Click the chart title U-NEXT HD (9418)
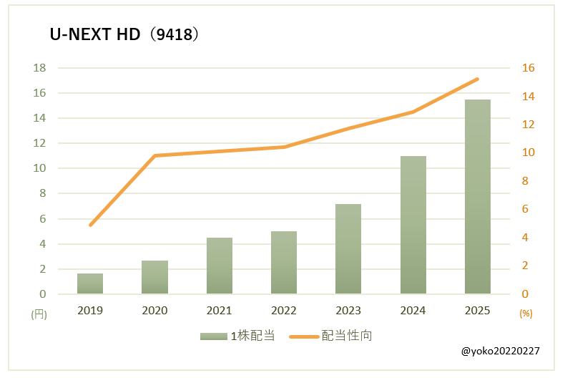point(123,34)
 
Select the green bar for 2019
point(90,283)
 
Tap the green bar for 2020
point(154,277)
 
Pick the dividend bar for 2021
point(220,266)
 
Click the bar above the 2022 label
point(284,263)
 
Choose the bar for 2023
point(348,249)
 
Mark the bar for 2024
point(413,225)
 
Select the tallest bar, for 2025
point(478,197)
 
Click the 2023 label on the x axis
point(348,311)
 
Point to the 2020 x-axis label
point(154,311)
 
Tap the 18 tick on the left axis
point(39,68)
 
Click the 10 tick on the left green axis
point(39,168)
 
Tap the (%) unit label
point(526,314)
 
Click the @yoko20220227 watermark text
point(500,352)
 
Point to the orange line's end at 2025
point(478,79)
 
